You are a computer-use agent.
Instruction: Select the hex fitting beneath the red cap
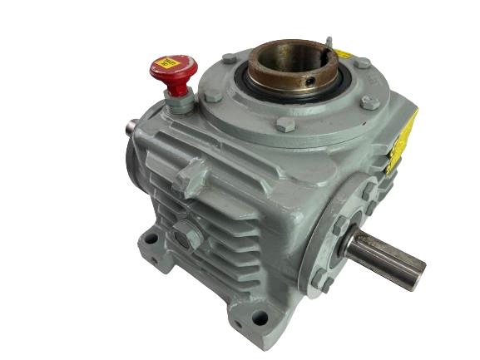178,101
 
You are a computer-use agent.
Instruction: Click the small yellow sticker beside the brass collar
341,54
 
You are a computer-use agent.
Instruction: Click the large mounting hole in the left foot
152,239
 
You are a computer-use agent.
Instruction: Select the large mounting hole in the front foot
260,317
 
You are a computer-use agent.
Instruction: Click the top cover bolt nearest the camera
285,125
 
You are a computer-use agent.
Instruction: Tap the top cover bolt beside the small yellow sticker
363,62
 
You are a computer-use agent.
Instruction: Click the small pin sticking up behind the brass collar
329,41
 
